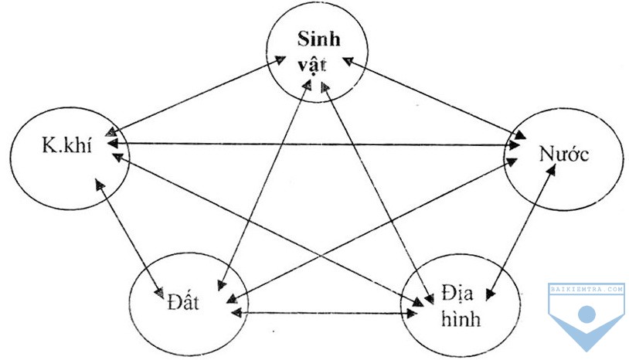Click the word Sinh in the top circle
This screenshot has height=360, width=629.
coord(319,39)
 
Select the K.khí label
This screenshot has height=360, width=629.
coord(67,144)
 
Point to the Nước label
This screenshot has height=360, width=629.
coord(564,154)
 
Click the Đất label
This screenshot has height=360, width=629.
coord(183,302)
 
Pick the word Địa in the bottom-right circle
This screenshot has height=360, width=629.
coord(457,293)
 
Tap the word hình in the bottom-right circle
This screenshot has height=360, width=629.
coord(461,319)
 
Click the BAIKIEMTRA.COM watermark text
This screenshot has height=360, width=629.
coord(586,289)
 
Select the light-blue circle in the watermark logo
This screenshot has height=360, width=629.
coord(586,314)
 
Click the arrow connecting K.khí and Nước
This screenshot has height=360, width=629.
coord(314,144)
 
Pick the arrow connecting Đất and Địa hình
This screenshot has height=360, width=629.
coord(324,313)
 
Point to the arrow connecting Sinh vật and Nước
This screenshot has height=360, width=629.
coord(434,98)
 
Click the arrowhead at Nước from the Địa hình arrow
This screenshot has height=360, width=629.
coord(552,171)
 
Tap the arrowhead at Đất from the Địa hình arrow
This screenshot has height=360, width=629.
coord(236,313)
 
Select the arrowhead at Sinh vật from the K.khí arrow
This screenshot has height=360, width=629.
coord(280,59)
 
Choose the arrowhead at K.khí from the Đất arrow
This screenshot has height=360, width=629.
coord(99,184)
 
